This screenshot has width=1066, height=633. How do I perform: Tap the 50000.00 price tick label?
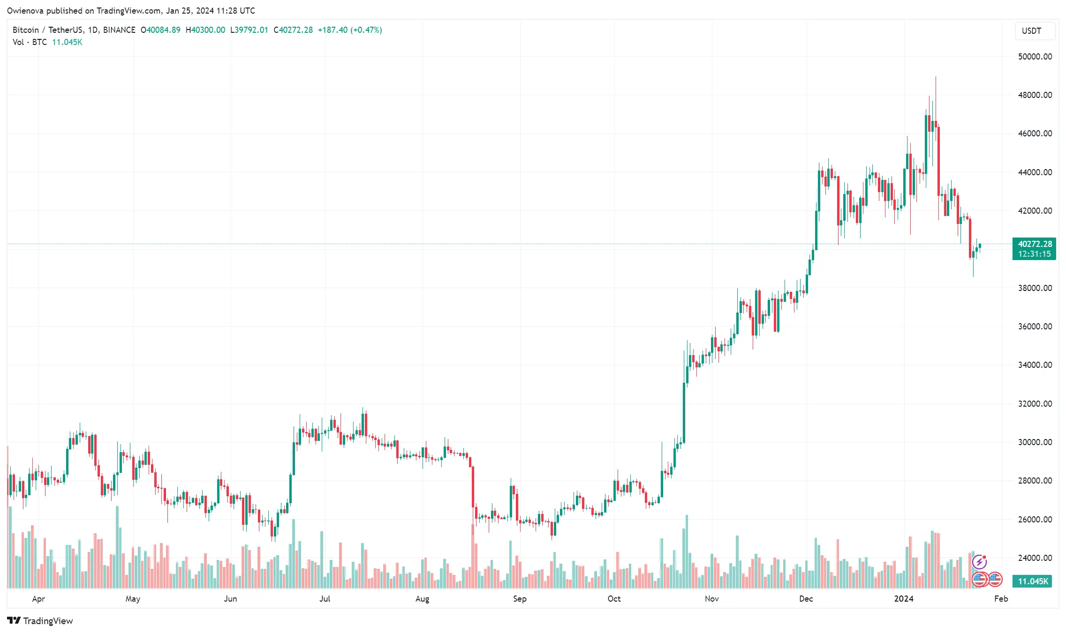[1035, 57]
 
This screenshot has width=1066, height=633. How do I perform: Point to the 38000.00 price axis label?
[1035, 288]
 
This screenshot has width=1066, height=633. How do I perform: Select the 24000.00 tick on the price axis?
[1035, 558]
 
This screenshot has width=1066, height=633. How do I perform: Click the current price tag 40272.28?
[1035, 244]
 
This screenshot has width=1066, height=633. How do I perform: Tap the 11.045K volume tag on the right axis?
[1033, 581]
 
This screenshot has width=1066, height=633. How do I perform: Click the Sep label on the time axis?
[520, 599]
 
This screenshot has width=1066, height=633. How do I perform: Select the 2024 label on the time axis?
[904, 599]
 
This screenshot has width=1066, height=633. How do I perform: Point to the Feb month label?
[1001, 599]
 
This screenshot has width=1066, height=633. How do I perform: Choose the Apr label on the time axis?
[38, 599]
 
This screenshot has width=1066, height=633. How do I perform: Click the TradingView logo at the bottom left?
[40, 621]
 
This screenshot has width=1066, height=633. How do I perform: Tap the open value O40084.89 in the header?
[160, 30]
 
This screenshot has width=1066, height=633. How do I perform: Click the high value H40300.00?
[205, 30]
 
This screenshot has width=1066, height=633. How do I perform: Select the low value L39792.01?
[249, 30]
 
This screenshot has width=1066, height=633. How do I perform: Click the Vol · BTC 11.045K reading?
[47, 42]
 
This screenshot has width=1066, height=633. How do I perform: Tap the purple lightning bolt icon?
[979, 561]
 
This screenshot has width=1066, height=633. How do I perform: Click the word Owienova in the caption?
[25, 11]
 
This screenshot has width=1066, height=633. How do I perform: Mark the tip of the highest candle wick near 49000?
[936, 77]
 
